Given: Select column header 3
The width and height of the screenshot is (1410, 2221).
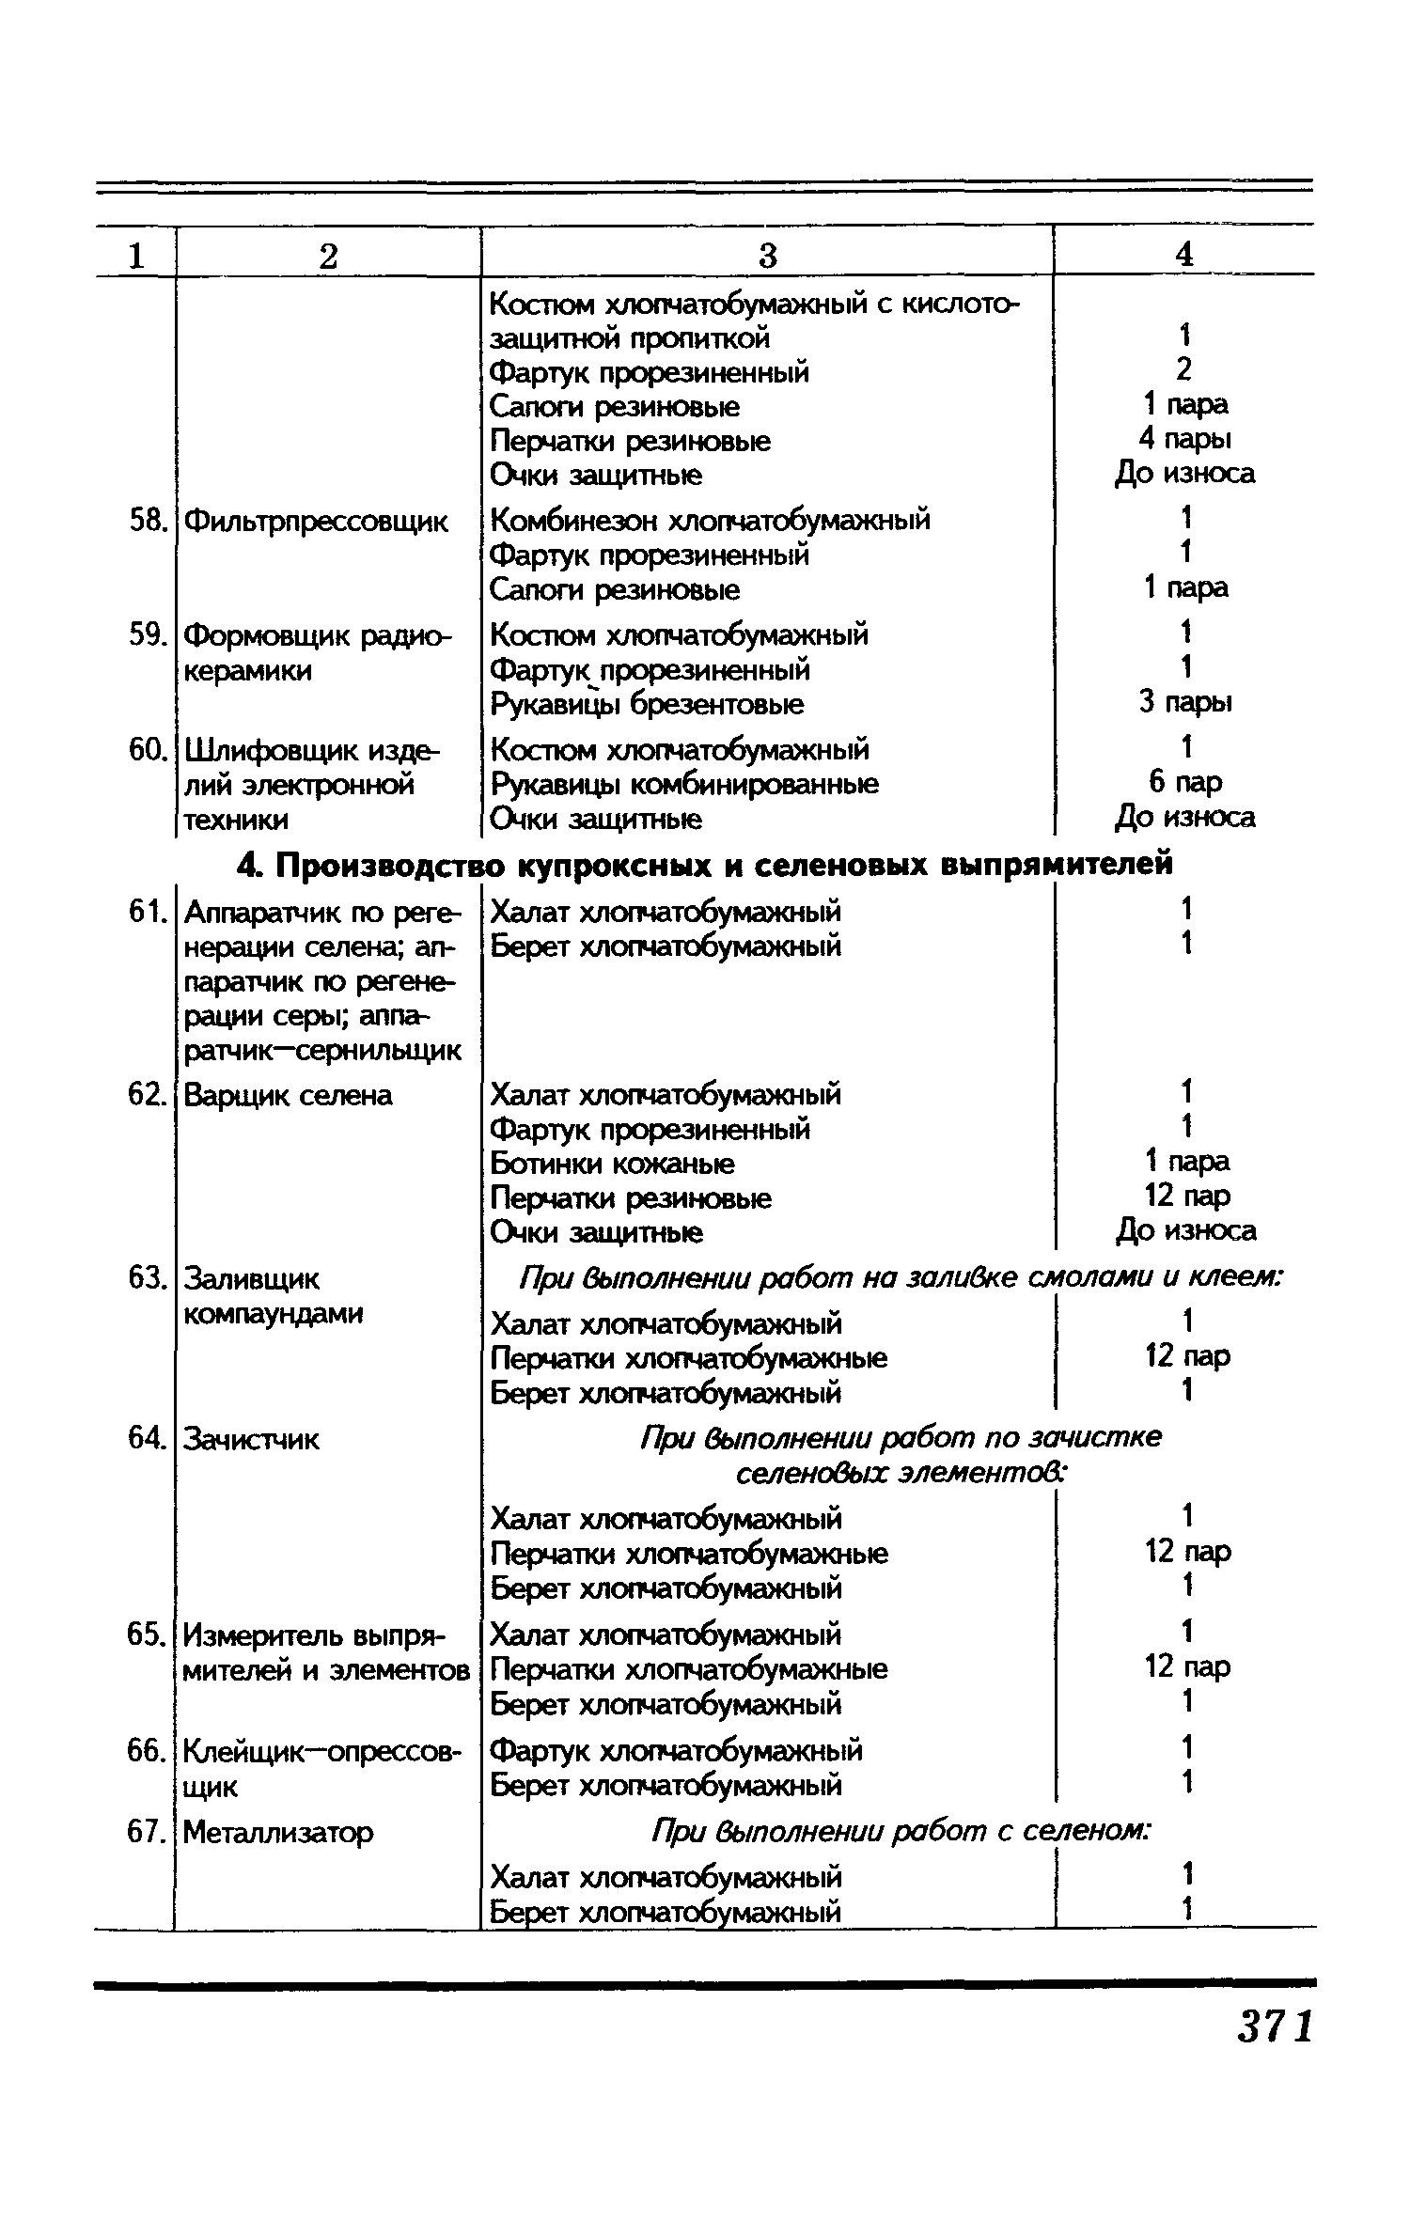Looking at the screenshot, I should pyautogui.click(x=768, y=256).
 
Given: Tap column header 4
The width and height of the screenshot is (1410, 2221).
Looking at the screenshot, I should pyautogui.click(x=1184, y=254).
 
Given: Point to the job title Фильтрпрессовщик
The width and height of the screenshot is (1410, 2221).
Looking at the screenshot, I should pyautogui.click(x=316, y=522).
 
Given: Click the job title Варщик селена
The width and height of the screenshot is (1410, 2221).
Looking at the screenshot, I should pyautogui.click(x=288, y=1096).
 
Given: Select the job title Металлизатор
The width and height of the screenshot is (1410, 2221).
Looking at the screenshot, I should pyautogui.click(x=278, y=1832).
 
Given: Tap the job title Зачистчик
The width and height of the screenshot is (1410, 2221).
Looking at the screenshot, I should pyautogui.click(x=251, y=1439).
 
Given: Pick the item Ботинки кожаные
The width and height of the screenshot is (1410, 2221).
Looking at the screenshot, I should pyautogui.click(x=612, y=1165).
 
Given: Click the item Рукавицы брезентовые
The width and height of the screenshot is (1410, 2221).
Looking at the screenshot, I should pyautogui.click(x=648, y=705).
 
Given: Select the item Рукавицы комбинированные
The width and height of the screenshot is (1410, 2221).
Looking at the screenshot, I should pyautogui.click(x=685, y=784).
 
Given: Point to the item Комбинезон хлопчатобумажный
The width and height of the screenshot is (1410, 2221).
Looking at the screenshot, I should pyautogui.click(x=711, y=521).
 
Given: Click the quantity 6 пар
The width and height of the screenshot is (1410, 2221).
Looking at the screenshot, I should pyautogui.click(x=1185, y=782).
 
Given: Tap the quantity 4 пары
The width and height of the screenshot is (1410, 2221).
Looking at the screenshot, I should pyautogui.click(x=1184, y=439).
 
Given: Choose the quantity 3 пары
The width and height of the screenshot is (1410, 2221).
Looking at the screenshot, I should pyautogui.click(x=1184, y=703).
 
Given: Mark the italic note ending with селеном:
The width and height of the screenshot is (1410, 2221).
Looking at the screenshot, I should pyautogui.click(x=901, y=1831).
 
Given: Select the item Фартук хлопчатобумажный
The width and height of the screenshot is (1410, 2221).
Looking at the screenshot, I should pyautogui.click(x=676, y=1750).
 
